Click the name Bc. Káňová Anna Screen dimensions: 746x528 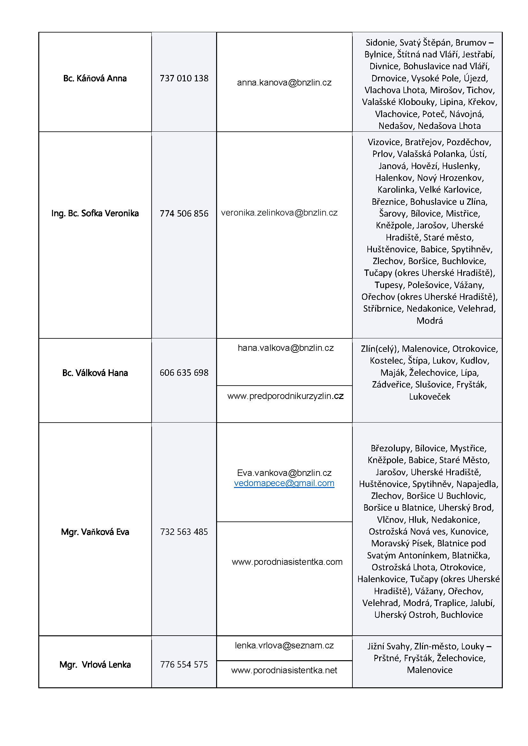point(94,78)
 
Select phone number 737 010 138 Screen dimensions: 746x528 point(184,78)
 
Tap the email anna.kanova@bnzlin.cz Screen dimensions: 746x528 point(284,83)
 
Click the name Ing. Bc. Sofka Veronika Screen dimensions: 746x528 point(94,213)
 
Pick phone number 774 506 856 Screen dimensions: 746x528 point(184,213)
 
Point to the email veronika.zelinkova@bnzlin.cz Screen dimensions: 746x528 point(279,213)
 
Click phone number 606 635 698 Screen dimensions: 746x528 point(184,373)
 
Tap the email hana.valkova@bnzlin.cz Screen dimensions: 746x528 point(285,348)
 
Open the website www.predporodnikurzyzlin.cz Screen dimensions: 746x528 point(285,396)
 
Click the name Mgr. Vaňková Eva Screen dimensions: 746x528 point(94,532)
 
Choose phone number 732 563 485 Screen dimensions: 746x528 point(184,532)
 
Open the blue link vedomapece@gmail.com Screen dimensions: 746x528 point(284,483)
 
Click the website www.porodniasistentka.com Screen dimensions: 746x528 point(287,562)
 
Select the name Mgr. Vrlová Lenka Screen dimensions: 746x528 point(94,665)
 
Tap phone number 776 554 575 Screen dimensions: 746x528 point(184,665)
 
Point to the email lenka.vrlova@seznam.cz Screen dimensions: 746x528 point(284,646)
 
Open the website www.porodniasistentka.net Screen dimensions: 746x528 point(284,670)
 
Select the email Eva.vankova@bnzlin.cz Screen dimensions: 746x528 point(284,473)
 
